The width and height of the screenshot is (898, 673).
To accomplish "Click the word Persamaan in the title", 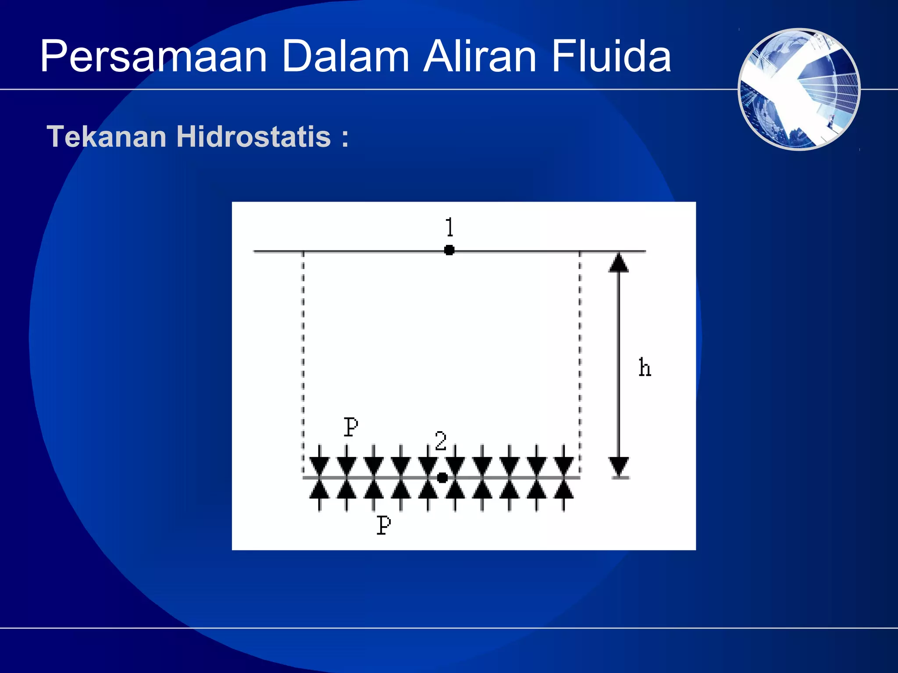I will [x=153, y=57].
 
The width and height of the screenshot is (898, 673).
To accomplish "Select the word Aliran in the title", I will [x=480, y=57].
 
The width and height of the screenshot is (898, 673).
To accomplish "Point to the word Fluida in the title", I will [x=611, y=57].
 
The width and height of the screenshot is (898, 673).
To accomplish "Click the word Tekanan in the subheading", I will [x=107, y=137].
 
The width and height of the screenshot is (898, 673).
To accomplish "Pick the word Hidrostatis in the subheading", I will [x=253, y=137].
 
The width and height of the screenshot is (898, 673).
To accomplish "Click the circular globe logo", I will [x=799, y=89].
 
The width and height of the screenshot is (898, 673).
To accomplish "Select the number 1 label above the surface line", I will [x=449, y=227].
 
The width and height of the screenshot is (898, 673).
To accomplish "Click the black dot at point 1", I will [x=449, y=250].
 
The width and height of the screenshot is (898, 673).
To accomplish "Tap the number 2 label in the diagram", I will [x=441, y=441].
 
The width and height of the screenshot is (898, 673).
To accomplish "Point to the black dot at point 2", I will [x=442, y=478].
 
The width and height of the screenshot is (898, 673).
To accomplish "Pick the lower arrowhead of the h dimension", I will [x=619, y=466].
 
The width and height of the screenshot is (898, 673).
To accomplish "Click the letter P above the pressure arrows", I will [x=351, y=427].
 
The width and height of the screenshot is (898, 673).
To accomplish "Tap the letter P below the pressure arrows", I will [x=384, y=525].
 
